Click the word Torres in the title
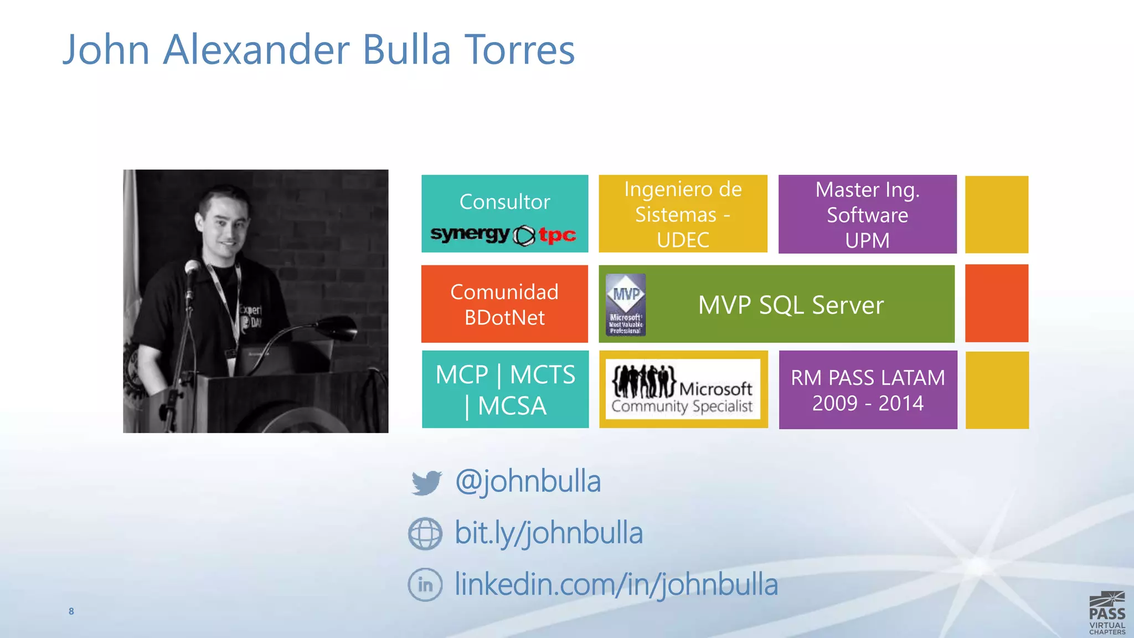click(x=519, y=50)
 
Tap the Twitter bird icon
click(x=426, y=482)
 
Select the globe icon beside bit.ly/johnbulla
click(x=425, y=533)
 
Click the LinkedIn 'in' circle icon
click(x=425, y=584)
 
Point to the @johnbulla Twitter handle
click(x=528, y=481)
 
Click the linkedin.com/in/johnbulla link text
click(x=616, y=584)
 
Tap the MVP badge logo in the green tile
click(x=626, y=305)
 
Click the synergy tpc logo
click(x=503, y=235)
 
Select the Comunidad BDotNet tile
click(x=504, y=304)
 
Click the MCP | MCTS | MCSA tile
click(x=505, y=389)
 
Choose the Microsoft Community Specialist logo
click(x=683, y=389)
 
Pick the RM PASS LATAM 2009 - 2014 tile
click(x=868, y=390)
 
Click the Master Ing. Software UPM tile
click(x=867, y=214)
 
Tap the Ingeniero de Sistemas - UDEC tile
click(x=683, y=214)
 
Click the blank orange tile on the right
click(x=996, y=303)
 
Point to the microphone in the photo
click(x=192, y=269)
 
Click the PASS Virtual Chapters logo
click(x=1107, y=613)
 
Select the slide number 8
click(x=71, y=611)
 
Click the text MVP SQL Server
click(x=791, y=305)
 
